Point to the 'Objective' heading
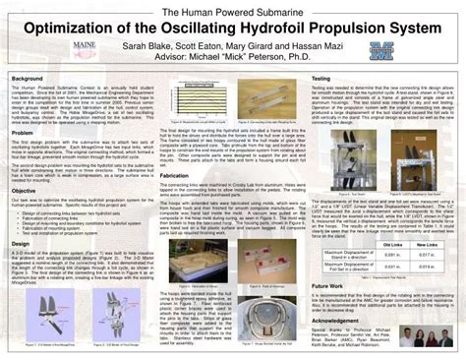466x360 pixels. (x=26, y=191)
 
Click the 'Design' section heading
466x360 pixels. (x=22, y=241)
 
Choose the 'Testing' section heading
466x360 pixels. (x=321, y=76)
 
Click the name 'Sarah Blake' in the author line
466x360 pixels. (x=175, y=46)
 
